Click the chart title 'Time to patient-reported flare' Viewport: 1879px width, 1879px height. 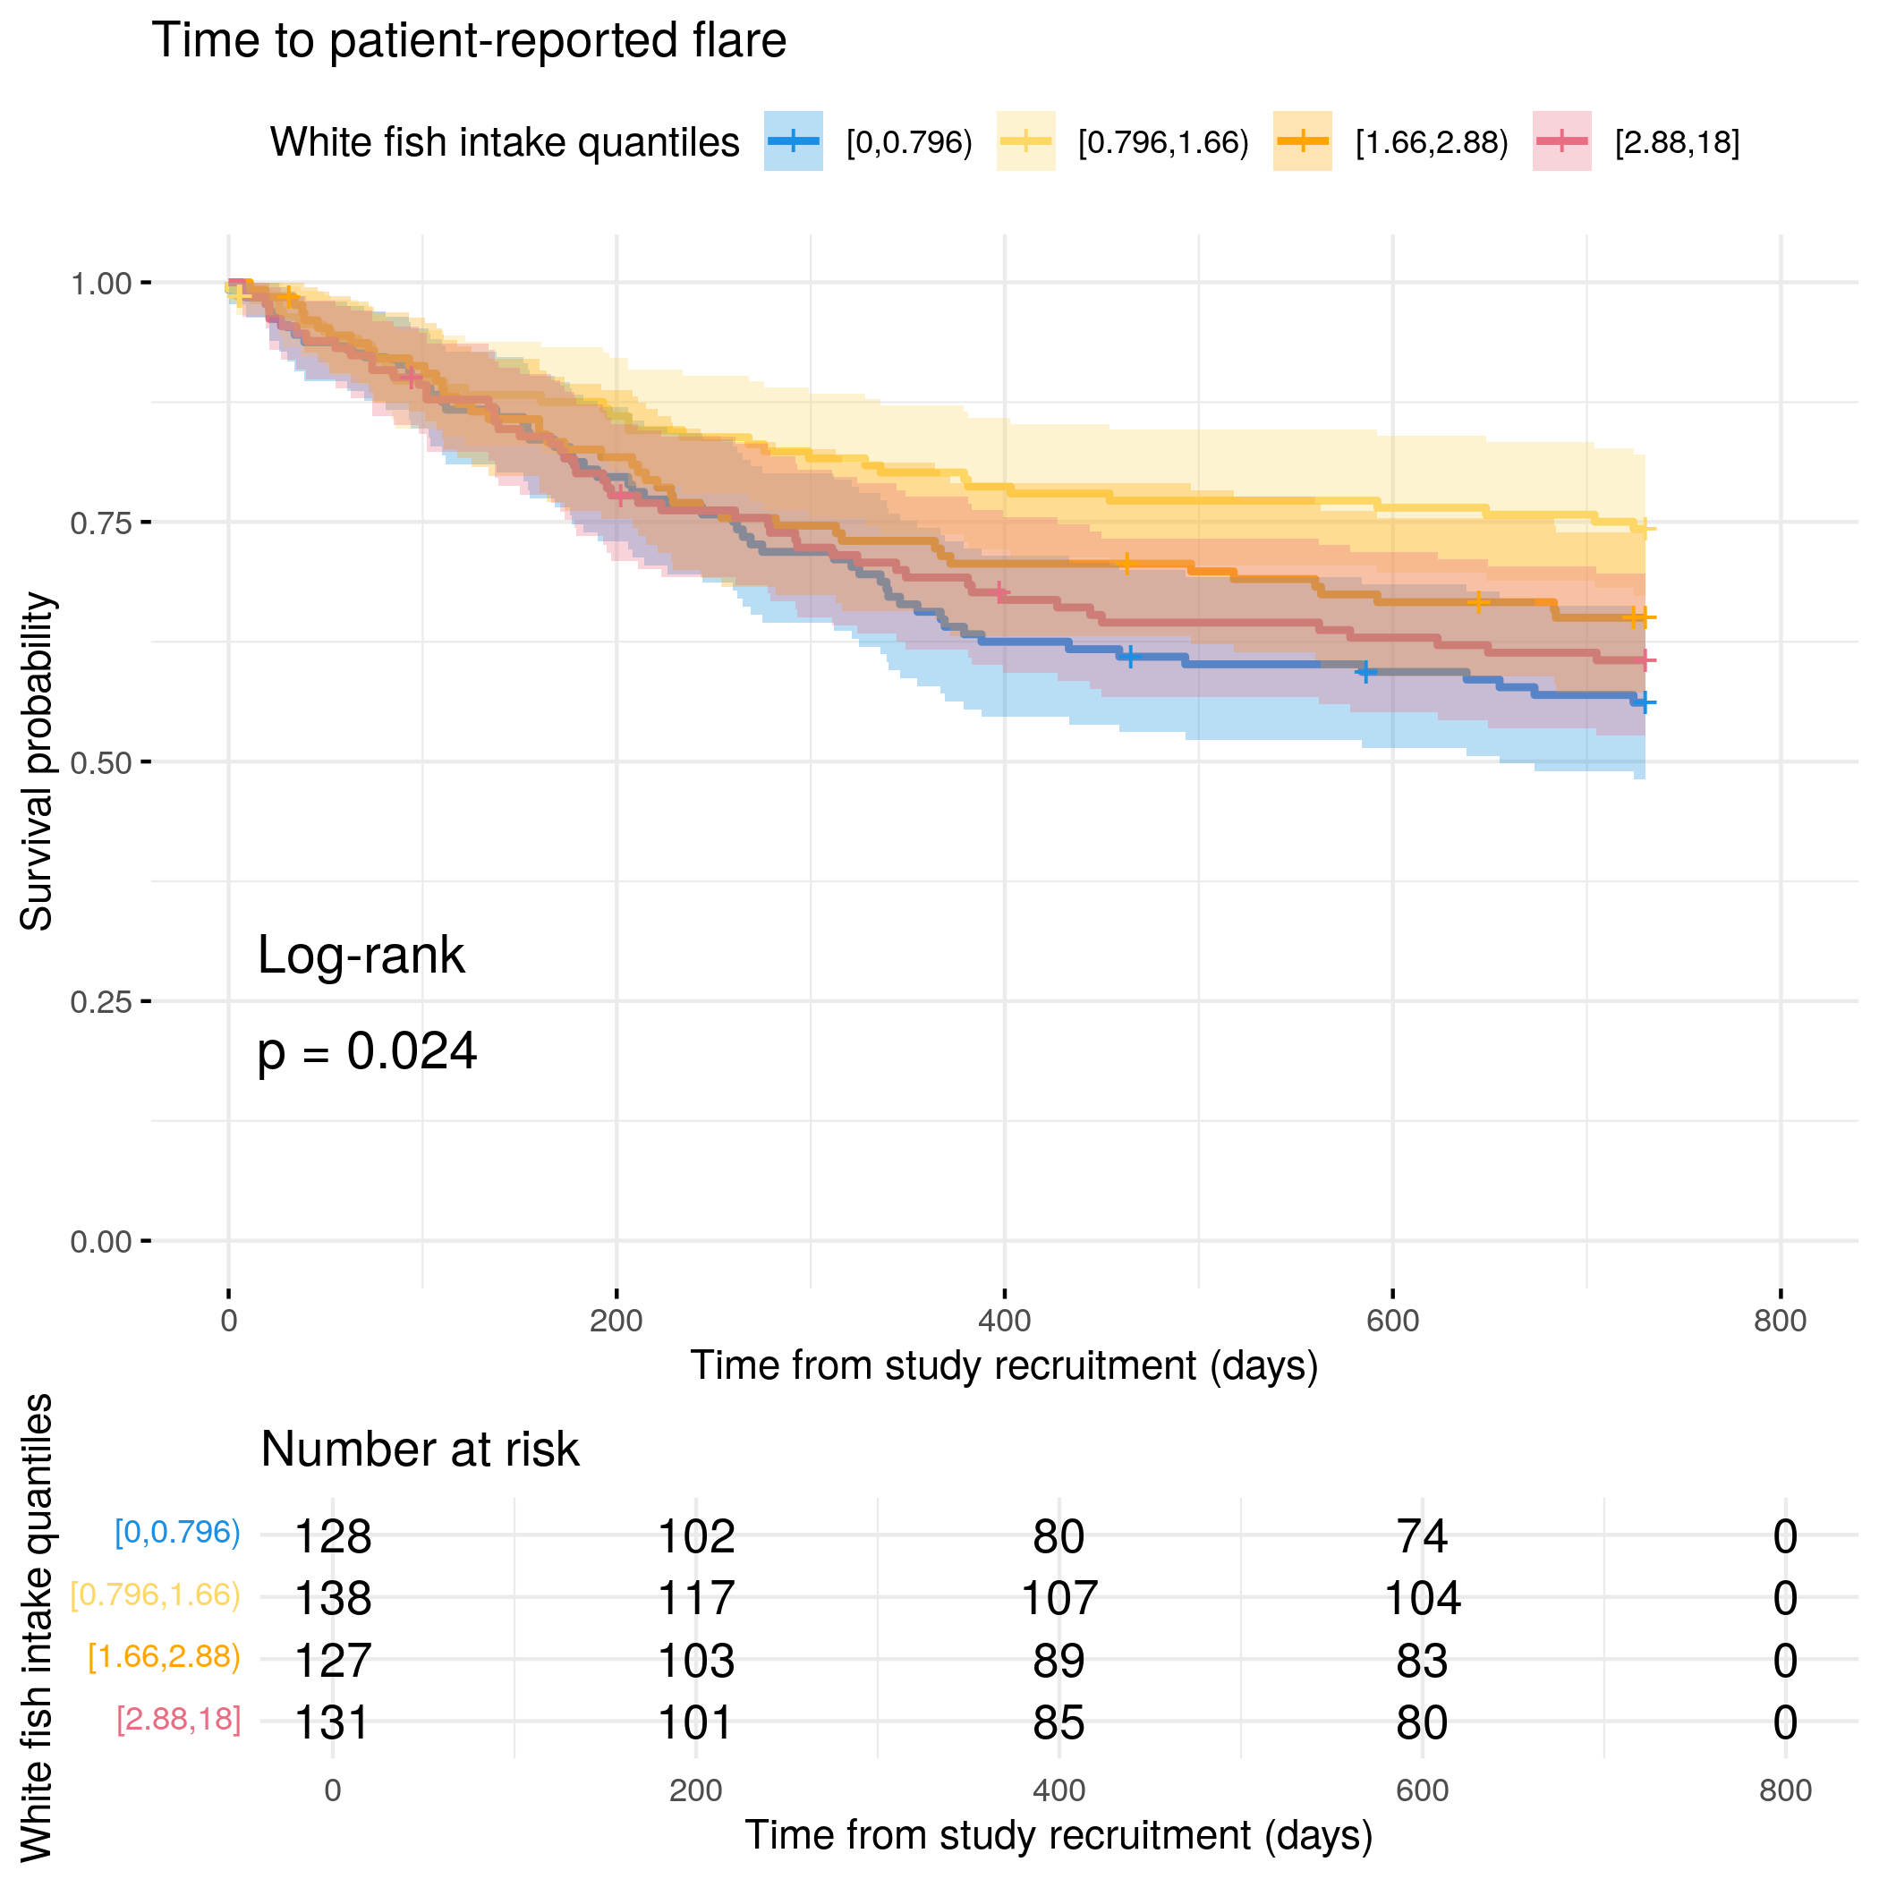469,41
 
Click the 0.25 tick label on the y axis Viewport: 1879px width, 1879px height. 100,1002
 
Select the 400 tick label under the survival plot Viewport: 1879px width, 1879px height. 1004,1321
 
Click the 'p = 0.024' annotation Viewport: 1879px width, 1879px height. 367,1051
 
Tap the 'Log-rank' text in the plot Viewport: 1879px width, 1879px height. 361,955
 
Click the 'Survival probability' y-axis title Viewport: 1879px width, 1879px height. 37,761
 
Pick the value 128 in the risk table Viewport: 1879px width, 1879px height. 333,1536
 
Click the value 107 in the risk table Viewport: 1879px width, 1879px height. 1059,1598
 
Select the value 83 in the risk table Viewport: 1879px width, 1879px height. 1422,1660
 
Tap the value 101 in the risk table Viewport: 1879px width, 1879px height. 695,1722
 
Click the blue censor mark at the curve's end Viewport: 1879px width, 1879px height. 1644,702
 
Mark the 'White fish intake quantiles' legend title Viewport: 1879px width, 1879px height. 504,143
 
